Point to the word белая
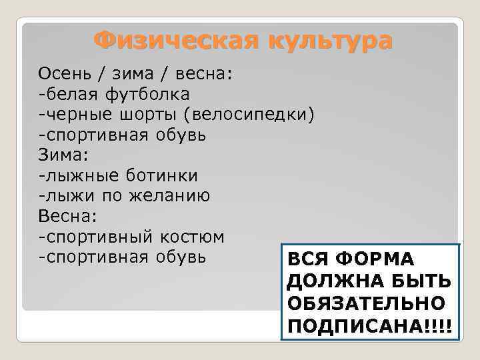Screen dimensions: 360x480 [69, 94]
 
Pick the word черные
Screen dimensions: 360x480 [74, 115]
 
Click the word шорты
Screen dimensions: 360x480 [147, 115]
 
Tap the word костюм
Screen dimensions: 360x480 [191, 237]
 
